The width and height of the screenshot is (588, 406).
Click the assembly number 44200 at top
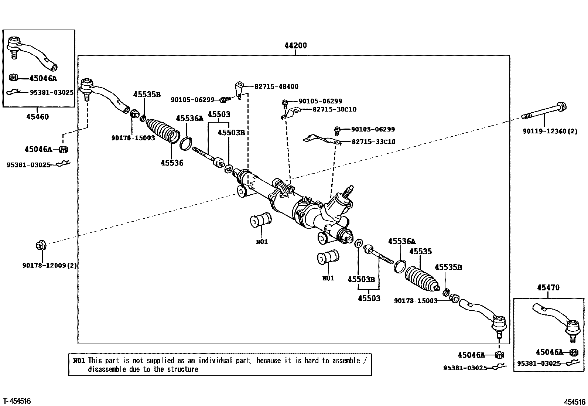pos(295,46)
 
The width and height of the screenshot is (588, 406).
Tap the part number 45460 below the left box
pos(37,117)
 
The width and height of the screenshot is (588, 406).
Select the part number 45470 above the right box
pos(548,287)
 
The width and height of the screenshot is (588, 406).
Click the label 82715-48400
pos(276,86)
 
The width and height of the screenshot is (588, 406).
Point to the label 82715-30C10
pos(334,109)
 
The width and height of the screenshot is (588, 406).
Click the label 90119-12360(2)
pos(550,131)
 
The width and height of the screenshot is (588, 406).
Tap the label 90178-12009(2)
pos(49,265)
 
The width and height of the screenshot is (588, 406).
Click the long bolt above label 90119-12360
pos(544,112)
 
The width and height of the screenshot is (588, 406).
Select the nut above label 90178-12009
pos(40,245)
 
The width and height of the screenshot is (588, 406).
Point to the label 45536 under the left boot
pos(172,163)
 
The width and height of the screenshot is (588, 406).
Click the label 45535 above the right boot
pos(420,252)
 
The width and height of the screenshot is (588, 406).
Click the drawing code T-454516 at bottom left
pos(17,401)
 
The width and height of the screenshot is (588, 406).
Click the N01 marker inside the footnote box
pos(79,361)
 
